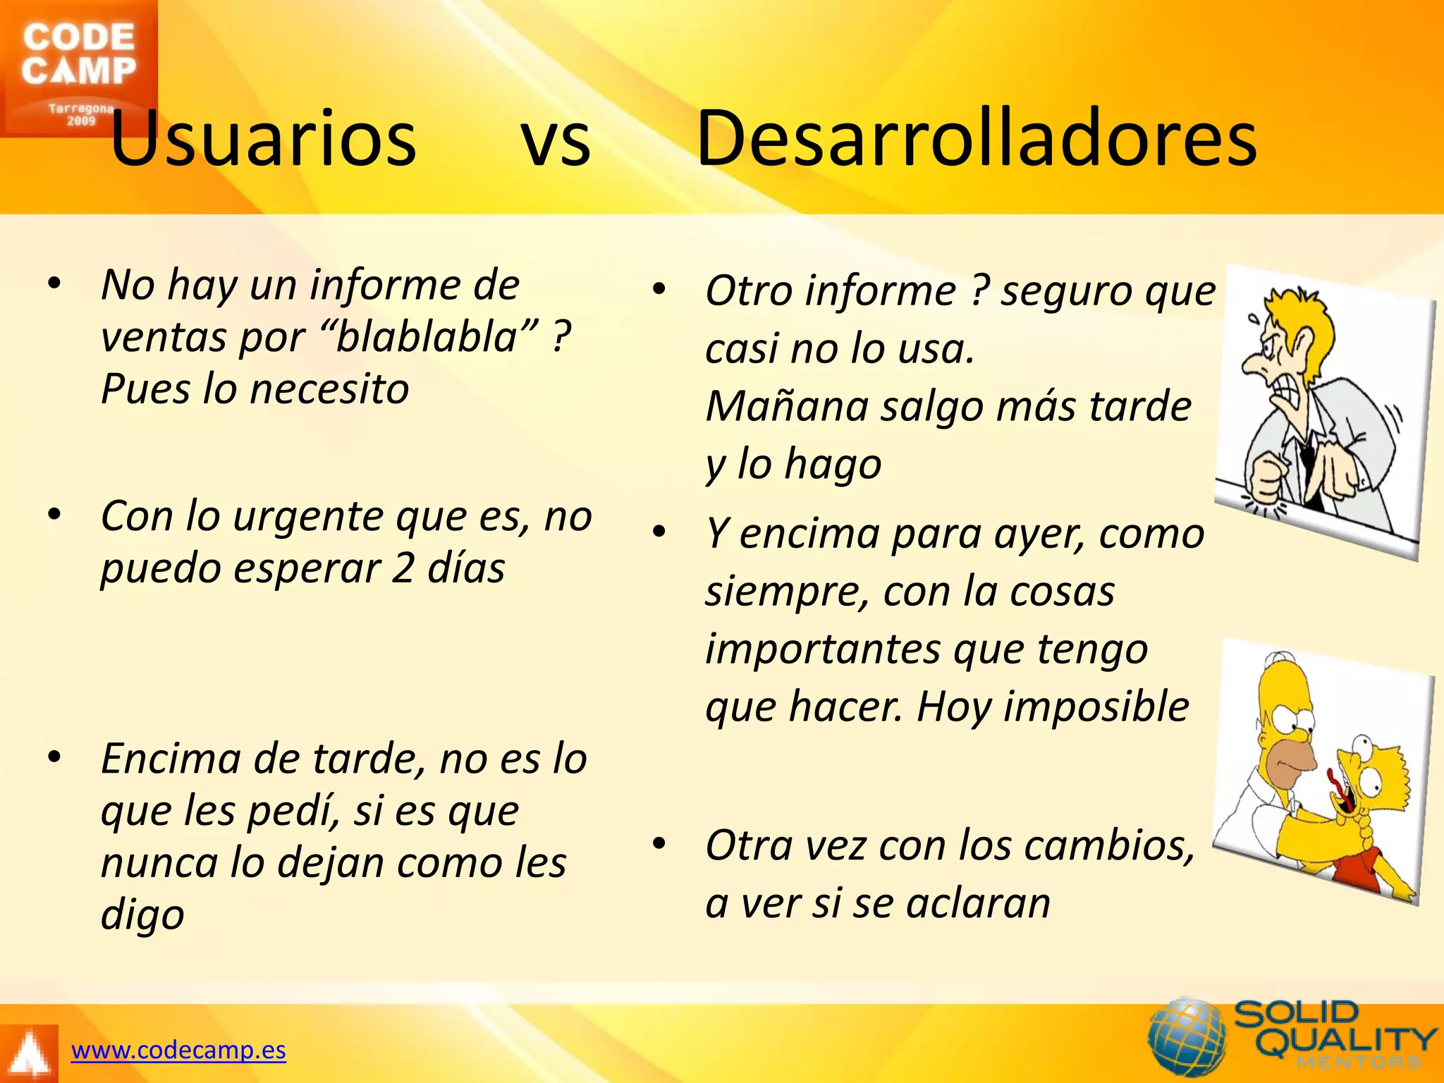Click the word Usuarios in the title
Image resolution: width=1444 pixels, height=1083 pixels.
263,139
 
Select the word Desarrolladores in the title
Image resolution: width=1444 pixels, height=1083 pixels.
977,139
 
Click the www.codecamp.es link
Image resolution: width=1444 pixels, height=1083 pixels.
178,1051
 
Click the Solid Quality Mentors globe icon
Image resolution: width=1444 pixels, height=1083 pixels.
1187,1036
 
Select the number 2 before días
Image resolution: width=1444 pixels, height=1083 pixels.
403,568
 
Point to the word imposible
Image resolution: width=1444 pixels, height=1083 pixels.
1096,707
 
